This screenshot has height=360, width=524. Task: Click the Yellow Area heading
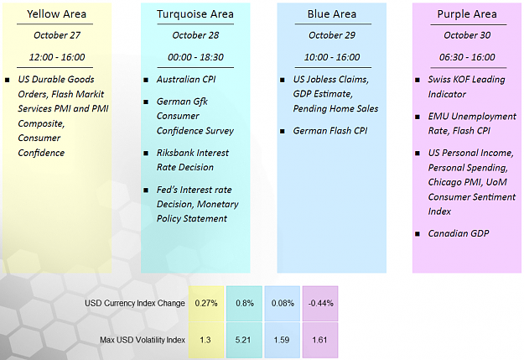pos(56,14)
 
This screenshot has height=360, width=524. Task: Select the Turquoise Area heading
pos(195,14)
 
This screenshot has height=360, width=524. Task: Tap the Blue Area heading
pos(332,14)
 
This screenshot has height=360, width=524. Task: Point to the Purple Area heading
pos(467,14)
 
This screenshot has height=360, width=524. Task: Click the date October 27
pos(57,35)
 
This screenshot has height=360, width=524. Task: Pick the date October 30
pos(467,35)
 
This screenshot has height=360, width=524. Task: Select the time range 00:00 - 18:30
pos(195,57)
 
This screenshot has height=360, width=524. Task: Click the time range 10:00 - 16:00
pos(332,57)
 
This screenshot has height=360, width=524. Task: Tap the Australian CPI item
pos(186,79)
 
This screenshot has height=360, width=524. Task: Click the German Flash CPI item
pos(330,130)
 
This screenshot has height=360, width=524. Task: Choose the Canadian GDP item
pos(459,233)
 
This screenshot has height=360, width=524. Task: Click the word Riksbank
pos(174,153)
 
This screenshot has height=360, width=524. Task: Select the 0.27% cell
pos(206,304)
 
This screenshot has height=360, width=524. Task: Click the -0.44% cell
pos(320,304)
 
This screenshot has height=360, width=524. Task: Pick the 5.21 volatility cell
pos(244,340)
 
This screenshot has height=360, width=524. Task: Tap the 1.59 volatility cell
pos(283,340)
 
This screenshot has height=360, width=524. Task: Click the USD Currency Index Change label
pos(135,303)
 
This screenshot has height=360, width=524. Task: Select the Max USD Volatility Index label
pos(143,340)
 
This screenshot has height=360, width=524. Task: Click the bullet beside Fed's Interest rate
pos(146,190)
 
